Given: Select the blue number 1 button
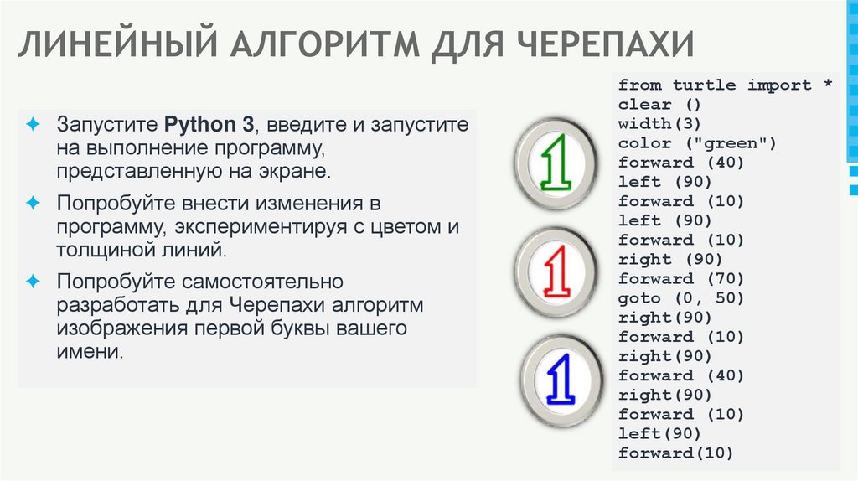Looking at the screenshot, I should [559, 379].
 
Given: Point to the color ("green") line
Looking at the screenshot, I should [697, 143].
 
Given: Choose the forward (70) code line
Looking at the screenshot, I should [680, 279].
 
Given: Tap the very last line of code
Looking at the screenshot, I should [675, 453].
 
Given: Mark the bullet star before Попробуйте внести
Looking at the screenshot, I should [34, 203].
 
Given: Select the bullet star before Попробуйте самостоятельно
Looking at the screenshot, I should [34, 280].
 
